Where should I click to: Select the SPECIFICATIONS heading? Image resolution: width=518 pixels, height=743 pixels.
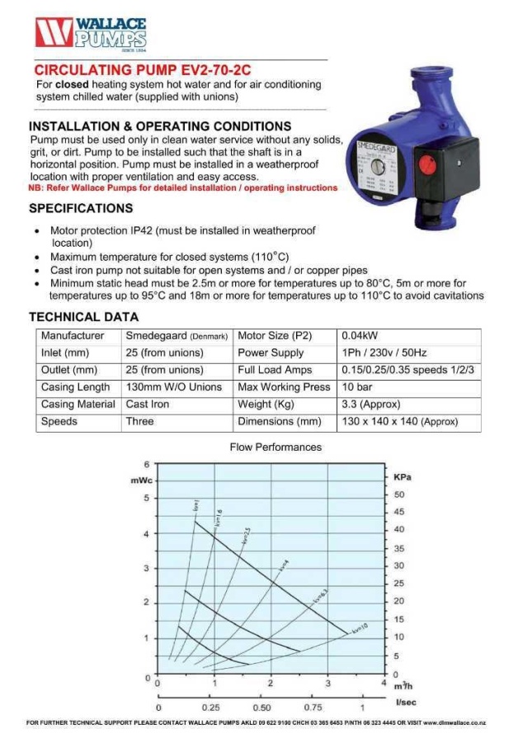coord(81,208)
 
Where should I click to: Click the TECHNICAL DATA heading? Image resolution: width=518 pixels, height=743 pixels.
coord(83,317)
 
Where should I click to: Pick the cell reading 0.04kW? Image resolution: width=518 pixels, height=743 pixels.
coord(360,336)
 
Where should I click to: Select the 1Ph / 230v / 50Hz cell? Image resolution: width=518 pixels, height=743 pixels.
coord(384,353)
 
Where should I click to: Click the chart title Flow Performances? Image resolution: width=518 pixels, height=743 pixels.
coord(275,447)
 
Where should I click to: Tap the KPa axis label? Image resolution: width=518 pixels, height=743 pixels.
coord(403,477)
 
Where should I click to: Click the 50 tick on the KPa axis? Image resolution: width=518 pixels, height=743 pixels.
coord(400,495)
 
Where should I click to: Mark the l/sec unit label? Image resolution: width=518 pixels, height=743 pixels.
coord(405,702)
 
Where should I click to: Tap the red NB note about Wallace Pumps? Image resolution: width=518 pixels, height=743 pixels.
coord(182,188)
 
